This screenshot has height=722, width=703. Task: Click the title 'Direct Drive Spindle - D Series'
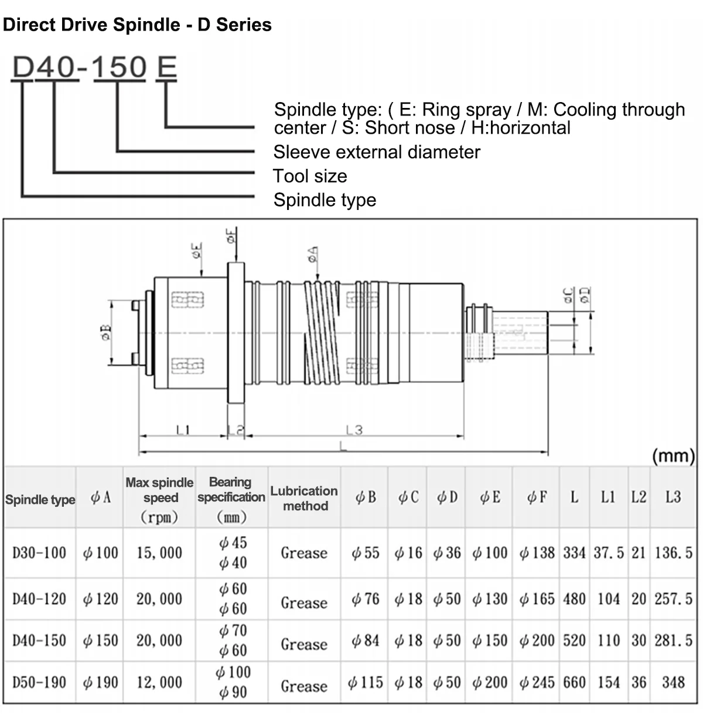click(x=137, y=25)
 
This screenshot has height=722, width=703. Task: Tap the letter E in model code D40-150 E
click(x=166, y=68)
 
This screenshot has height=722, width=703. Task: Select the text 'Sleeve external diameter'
click(x=377, y=152)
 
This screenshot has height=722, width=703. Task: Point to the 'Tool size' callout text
click(x=310, y=176)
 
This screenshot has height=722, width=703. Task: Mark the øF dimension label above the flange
click(x=232, y=236)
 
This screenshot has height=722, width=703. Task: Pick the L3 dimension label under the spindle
click(x=354, y=430)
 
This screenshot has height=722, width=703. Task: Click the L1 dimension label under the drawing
click(x=183, y=430)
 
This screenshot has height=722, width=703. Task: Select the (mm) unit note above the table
click(x=673, y=456)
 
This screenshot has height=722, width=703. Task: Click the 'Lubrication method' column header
click(x=304, y=498)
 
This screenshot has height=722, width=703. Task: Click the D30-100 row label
click(x=39, y=553)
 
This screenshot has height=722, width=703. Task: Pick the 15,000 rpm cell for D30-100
click(x=159, y=553)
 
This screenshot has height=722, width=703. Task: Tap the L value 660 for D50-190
click(x=574, y=682)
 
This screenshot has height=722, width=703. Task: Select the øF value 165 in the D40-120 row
click(x=537, y=599)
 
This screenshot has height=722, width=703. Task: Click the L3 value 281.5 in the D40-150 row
click(x=673, y=640)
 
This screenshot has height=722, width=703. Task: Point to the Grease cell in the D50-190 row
click(x=304, y=686)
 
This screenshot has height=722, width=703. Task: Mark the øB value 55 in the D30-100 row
click(x=366, y=553)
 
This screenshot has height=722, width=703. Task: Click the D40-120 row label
click(x=39, y=599)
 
